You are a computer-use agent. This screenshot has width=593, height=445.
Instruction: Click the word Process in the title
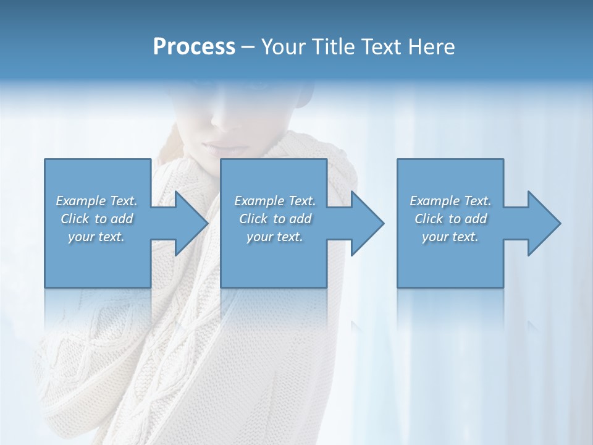[x=194, y=47]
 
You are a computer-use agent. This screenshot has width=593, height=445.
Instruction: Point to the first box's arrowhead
[x=188, y=223]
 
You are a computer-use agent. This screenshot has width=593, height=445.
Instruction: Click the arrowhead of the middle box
[x=365, y=223]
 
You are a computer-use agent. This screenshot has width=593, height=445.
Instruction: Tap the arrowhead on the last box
[x=542, y=223]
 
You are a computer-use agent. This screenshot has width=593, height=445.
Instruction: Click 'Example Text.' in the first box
[x=96, y=201]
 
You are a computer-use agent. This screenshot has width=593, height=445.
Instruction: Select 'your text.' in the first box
[x=96, y=237]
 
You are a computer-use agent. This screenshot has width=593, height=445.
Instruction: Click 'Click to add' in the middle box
[x=275, y=219]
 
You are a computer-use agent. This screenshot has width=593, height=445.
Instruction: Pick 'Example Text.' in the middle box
[x=275, y=201]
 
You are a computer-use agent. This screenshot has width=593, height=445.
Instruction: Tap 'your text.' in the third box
[x=450, y=237]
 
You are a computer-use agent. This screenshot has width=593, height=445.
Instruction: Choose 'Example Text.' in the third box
[x=450, y=201]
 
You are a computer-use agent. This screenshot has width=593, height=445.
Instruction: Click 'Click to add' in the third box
[x=450, y=219]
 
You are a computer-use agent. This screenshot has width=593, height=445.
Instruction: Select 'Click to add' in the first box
[x=96, y=219]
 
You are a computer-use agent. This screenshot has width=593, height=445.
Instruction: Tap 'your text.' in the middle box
[x=275, y=237]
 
